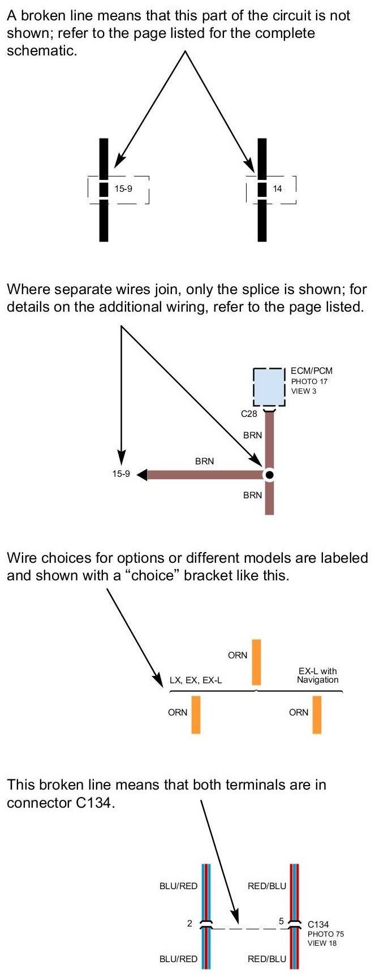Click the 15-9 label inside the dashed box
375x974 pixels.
[x=123, y=188]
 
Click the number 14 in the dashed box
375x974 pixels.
[x=277, y=188]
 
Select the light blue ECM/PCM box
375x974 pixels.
[x=269, y=386]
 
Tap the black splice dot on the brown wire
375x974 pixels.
[x=270, y=475]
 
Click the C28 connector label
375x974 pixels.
[x=249, y=413]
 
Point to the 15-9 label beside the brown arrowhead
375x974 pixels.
[x=120, y=474]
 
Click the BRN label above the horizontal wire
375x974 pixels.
[x=204, y=461]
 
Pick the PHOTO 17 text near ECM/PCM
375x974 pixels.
[x=309, y=381]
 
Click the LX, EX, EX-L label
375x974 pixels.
[x=196, y=680]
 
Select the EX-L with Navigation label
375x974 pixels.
[x=318, y=675]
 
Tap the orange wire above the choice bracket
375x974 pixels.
[x=257, y=662]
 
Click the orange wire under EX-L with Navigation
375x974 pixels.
[x=317, y=714]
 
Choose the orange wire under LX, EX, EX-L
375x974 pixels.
[x=196, y=714]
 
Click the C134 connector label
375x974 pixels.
[x=318, y=925]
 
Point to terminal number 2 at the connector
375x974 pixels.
[x=190, y=924]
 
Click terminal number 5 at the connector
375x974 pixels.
[x=281, y=921]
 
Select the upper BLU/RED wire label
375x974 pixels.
[x=178, y=886]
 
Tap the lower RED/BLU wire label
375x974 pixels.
[x=267, y=959]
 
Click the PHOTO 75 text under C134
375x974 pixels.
[x=326, y=934]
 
